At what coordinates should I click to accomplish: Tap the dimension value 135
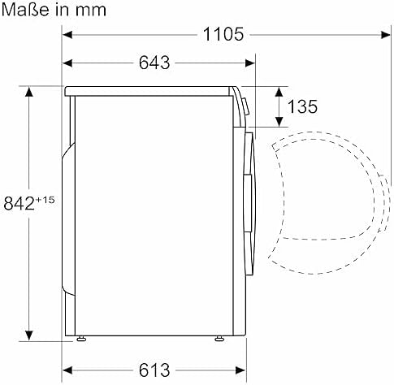click(301, 106)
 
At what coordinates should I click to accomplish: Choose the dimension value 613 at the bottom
click(155, 370)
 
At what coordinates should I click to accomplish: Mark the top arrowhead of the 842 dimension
click(31, 91)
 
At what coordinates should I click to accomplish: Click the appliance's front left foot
click(81, 336)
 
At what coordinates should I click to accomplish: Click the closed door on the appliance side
click(253, 195)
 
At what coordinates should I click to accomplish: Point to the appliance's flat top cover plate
click(150, 88)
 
